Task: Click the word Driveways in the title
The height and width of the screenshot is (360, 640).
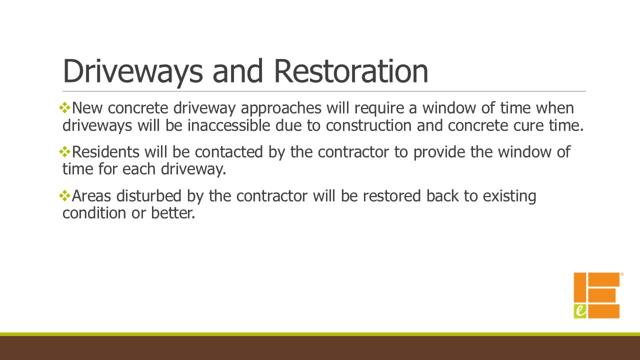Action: [132, 71]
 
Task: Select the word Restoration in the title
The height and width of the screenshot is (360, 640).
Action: [351, 70]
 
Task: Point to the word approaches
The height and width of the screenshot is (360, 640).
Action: [281, 109]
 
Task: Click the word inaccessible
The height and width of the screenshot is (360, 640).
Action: [228, 125]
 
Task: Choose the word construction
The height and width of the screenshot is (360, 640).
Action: [368, 125]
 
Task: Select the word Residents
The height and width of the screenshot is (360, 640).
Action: [105, 151]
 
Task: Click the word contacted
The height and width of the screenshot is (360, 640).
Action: [229, 152]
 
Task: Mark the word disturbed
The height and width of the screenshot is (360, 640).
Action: [149, 195]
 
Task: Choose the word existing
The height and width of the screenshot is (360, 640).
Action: [509, 197]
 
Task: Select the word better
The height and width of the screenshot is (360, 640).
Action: [173, 213]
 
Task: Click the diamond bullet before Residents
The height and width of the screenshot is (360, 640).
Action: [64, 151]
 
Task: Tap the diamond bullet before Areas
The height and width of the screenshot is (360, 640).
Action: [64, 195]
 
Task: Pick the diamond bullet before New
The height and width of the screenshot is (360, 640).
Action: [64, 108]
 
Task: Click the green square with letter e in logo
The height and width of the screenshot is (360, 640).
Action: [580, 311]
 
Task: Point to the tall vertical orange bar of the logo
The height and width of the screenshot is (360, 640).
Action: [580, 288]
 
